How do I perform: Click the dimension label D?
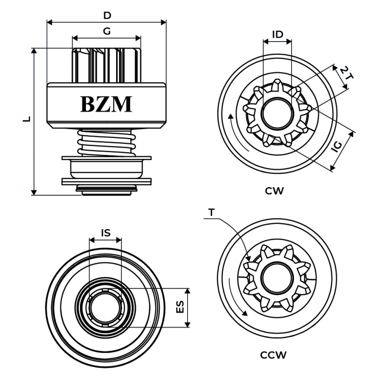(x=107, y=15)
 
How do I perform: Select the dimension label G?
(x=107, y=32)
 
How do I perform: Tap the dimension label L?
(x=27, y=120)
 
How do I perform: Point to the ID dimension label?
(x=277, y=34)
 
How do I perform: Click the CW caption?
(x=274, y=191)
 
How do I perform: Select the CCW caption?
(x=274, y=354)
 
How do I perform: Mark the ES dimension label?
(x=180, y=307)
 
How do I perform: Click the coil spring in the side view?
(x=105, y=142)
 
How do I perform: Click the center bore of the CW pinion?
(x=277, y=114)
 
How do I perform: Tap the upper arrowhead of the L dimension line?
(x=34, y=51)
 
